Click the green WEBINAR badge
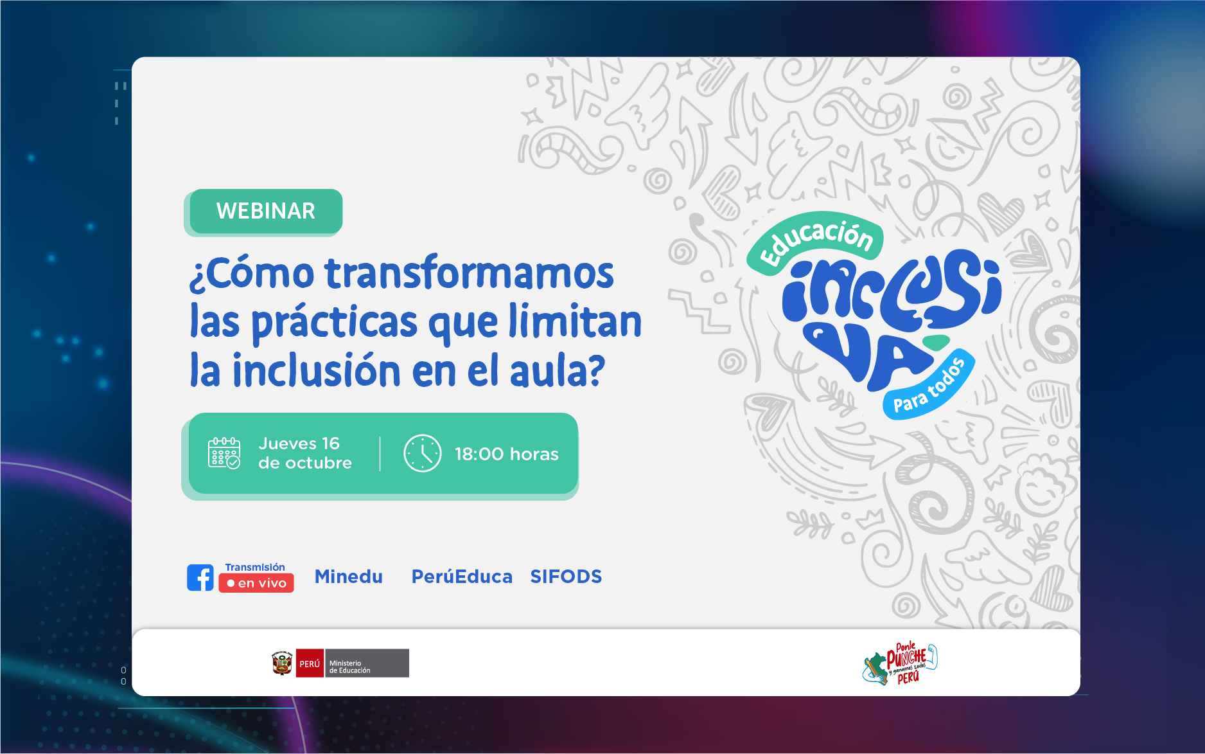click(x=266, y=211)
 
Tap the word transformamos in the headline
click(x=469, y=273)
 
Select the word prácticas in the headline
click(x=335, y=322)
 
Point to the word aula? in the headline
click(x=558, y=370)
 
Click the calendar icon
click(x=224, y=453)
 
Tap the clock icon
click(x=422, y=453)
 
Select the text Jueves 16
click(x=299, y=444)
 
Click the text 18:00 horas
click(x=507, y=454)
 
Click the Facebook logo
click(x=200, y=578)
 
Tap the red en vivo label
click(x=256, y=583)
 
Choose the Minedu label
click(x=349, y=577)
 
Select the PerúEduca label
click(x=462, y=577)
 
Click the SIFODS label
click(x=566, y=577)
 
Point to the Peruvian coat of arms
click(x=282, y=663)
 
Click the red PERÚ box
click(x=310, y=663)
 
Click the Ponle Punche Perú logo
click(x=900, y=663)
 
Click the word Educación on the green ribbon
click(x=816, y=242)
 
